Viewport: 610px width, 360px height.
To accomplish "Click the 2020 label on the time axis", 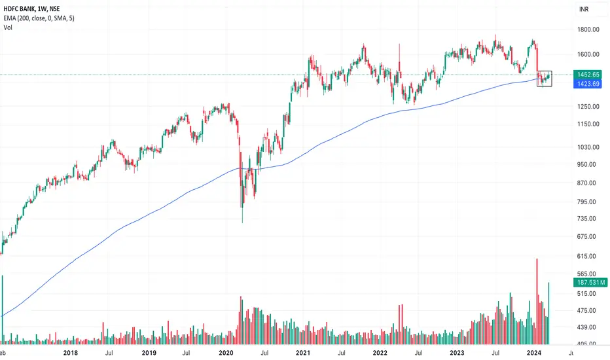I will coord(226,353).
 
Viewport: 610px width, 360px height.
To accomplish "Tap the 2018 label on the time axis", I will coord(73,353).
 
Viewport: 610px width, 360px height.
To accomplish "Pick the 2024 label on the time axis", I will coord(533,353).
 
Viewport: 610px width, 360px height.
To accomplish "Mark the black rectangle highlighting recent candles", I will coord(545,78).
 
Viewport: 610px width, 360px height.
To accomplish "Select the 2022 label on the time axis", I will coord(379,353).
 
